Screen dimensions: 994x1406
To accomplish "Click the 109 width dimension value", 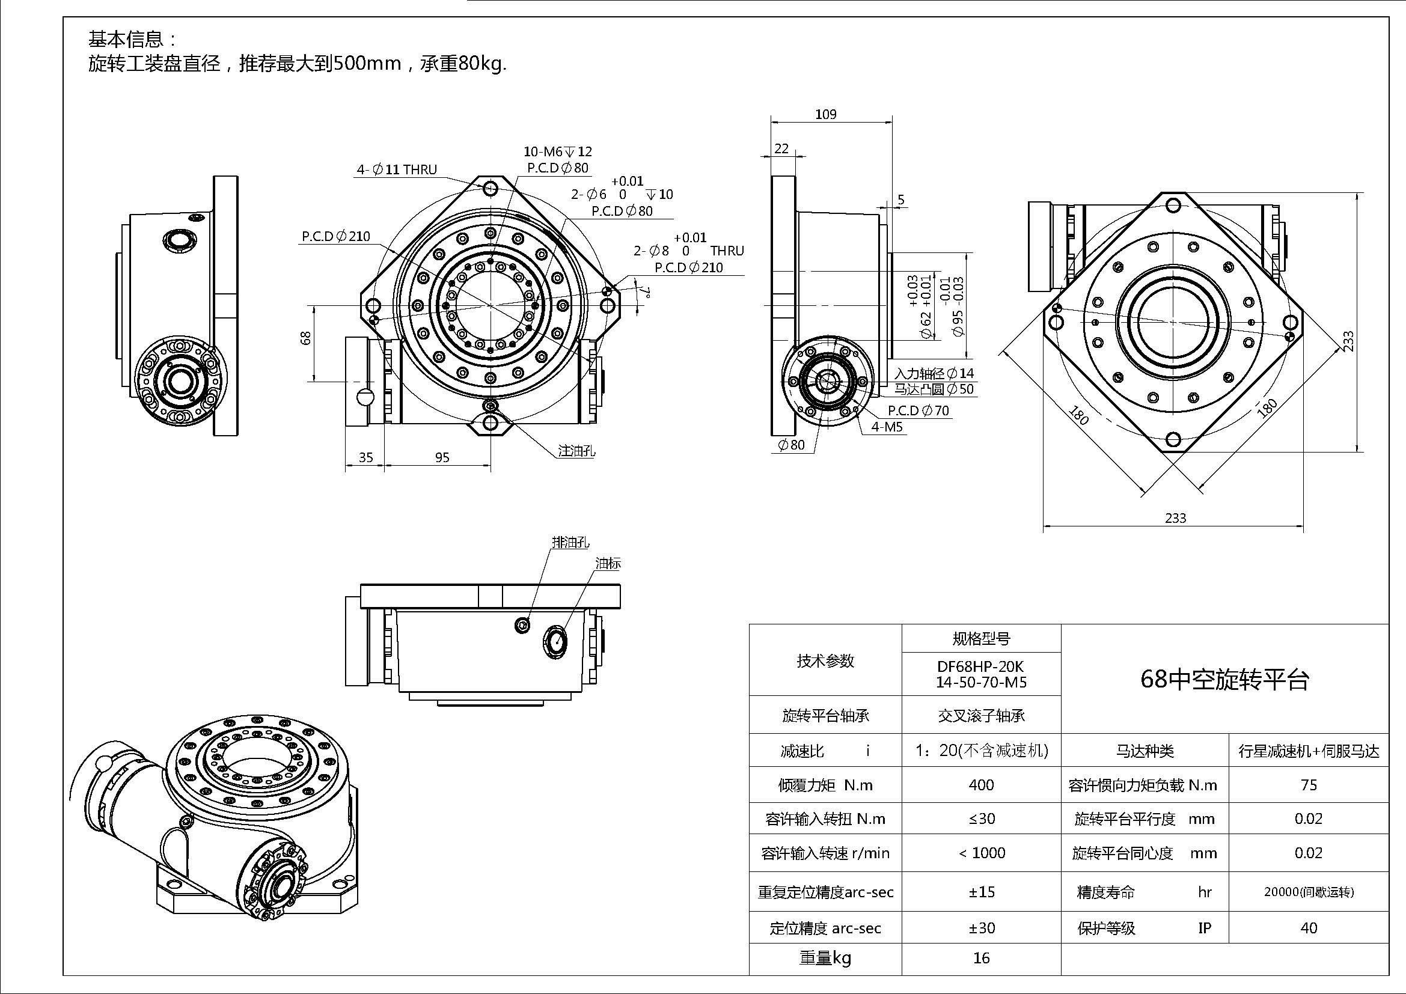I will pyautogui.click(x=825, y=114).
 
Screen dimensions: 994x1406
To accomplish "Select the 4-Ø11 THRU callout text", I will pyautogui.click(x=397, y=169).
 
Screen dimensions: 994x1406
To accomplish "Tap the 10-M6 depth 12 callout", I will pyautogui.click(x=557, y=151).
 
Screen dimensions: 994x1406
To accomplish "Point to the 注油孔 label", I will pyautogui.click(x=576, y=451).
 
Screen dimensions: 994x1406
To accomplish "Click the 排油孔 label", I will pyautogui.click(x=570, y=542).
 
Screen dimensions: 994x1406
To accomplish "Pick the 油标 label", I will pyautogui.click(x=608, y=564).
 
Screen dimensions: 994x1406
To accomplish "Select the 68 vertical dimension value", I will pyautogui.click(x=306, y=337).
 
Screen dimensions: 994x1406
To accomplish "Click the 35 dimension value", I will pyautogui.click(x=365, y=457).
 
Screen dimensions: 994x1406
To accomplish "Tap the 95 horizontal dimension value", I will pyautogui.click(x=442, y=457).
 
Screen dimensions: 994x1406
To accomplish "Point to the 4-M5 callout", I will pyautogui.click(x=887, y=427).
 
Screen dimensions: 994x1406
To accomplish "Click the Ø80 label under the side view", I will pyautogui.click(x=791, y=445).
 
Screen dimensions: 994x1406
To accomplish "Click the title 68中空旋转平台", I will pyautogui.click(x=1224, y=678).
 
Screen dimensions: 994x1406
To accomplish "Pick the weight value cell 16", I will pyautogui.click(x=981, y=958).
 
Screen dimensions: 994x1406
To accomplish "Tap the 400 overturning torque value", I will pyautogui.click(x=981, y=785).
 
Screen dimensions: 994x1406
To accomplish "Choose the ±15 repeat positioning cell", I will pyautogui.click(x=981, y=892).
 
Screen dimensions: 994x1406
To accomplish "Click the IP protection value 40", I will pyautogui.click(x=1309, y=928).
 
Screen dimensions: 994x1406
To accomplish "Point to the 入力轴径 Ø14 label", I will pyautogui.click(x=934, y=373).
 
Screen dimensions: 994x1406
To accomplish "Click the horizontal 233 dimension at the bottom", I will pyautogui.click(x=1175, y=518).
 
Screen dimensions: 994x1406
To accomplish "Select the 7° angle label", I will pyautogui.click(x=645, y=292).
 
